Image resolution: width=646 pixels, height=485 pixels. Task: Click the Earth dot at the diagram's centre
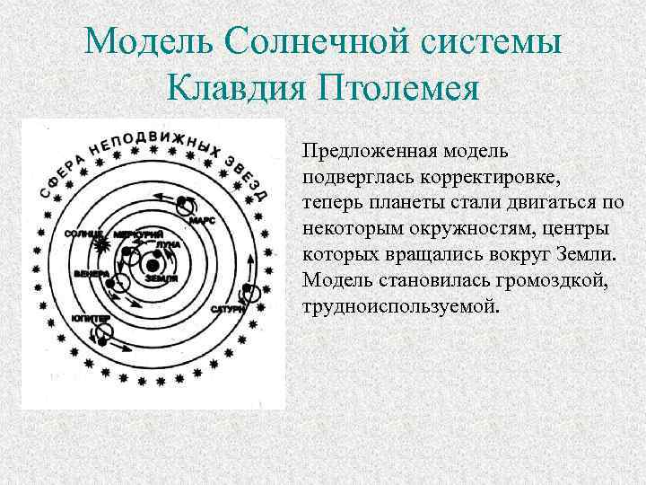(x=153, y=265)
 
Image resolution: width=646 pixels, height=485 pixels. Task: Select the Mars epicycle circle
(x=188, y=207)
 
